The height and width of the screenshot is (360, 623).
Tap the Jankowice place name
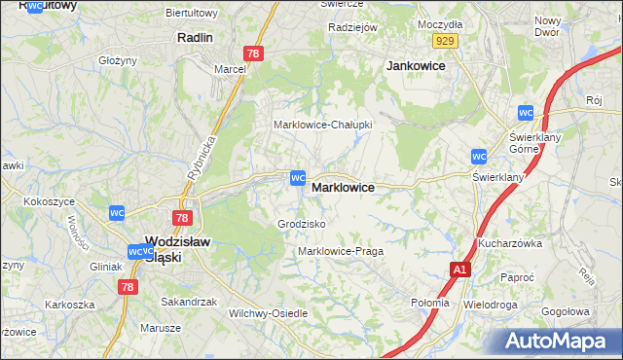pos(416,65)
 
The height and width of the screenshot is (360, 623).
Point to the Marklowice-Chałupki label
pos(322,126)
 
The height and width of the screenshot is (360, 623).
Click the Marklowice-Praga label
pos(341,251)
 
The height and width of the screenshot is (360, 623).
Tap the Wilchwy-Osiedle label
pos(268,313)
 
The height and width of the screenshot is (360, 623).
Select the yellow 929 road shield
pos(446,40)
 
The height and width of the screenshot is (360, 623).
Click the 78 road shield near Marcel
pos(253,55)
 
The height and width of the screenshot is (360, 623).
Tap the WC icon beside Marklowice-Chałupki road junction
pos(298,179)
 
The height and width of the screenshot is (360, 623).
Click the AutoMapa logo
pos(560,341)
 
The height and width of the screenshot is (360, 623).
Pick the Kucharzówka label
pos(509,243)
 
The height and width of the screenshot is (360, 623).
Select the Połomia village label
pos(430,302)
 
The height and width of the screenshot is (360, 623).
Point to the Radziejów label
pos(352,27)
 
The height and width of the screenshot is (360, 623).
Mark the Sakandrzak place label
pos(189,302)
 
